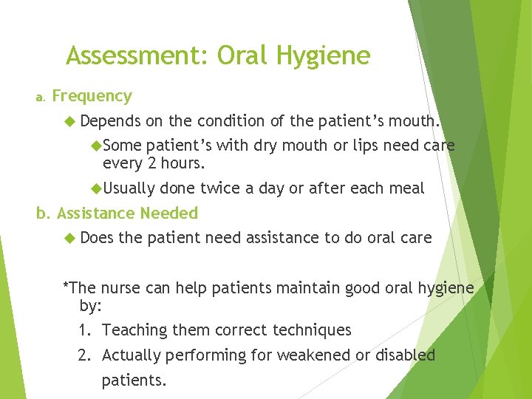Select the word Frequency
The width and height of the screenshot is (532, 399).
point(92,96)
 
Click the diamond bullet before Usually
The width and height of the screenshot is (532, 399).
point(95,188)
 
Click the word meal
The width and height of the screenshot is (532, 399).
point(406,188)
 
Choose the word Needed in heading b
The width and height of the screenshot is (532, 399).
point(169,214)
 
